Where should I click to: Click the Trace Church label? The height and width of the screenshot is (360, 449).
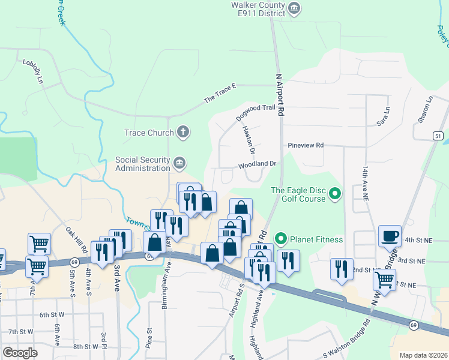point(149,133)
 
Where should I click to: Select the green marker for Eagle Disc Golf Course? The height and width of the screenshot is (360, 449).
point(336,194)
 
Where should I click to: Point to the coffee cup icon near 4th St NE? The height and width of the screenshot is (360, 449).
point(390,236)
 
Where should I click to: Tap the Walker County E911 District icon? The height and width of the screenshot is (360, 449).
point(294,8)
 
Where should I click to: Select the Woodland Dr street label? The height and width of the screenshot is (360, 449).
point(256,163)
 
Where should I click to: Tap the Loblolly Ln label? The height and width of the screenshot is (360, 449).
point(34,71)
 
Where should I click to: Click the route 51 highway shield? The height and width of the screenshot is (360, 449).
point(439,137)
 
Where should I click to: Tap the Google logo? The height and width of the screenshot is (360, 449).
point(20,352)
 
